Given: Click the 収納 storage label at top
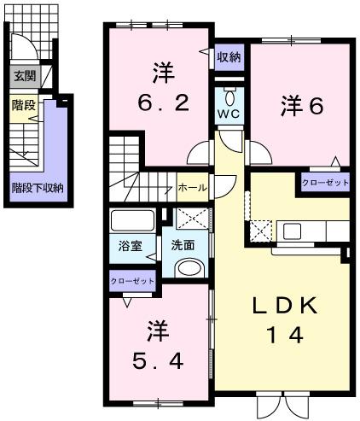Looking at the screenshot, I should tap(228, 58).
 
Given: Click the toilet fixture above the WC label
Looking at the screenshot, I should tap(228, 91).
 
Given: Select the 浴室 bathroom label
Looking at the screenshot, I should tap(131, 245).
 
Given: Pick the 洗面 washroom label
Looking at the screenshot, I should tap(183, 244).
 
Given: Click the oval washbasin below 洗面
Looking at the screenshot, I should tap(189, 268).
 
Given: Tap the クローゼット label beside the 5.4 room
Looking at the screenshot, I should tap(131, 280).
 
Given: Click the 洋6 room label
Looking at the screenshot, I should tap(300, 105).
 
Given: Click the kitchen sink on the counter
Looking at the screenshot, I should tap(292, 231).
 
